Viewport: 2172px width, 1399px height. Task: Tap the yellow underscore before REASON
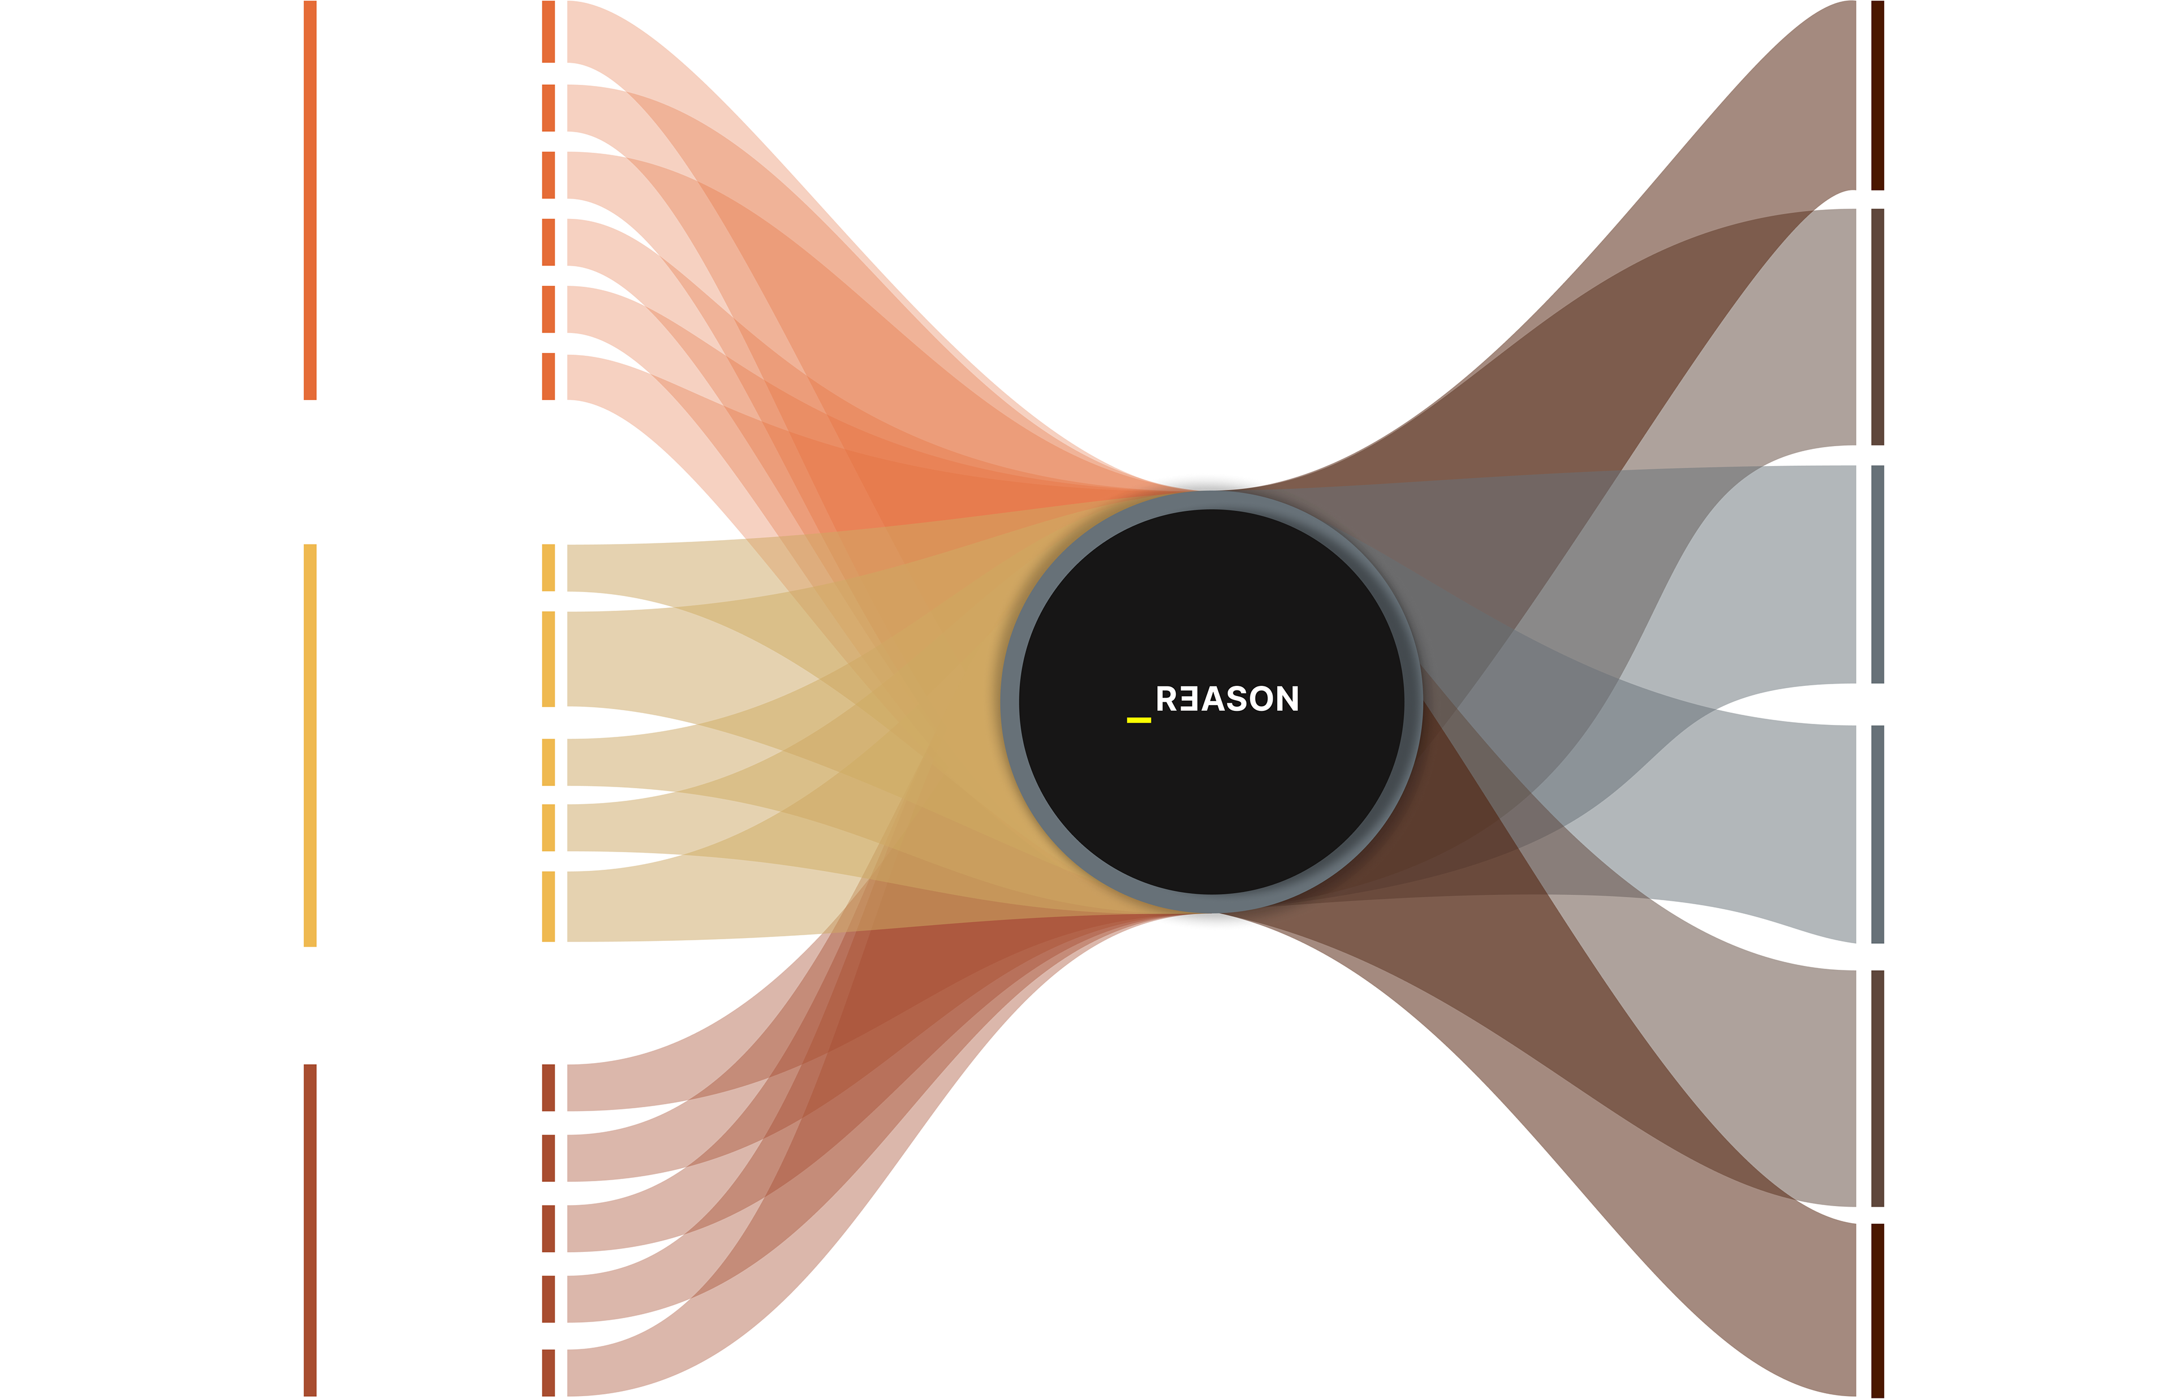(1138, 719)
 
